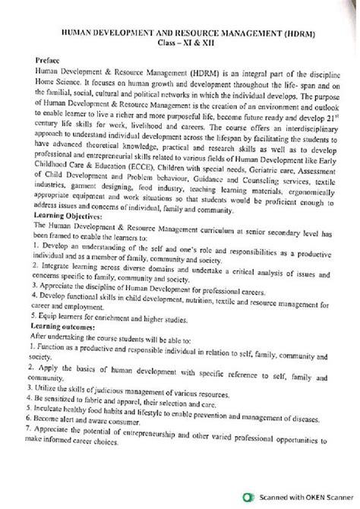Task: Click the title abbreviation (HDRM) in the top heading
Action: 286,35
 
